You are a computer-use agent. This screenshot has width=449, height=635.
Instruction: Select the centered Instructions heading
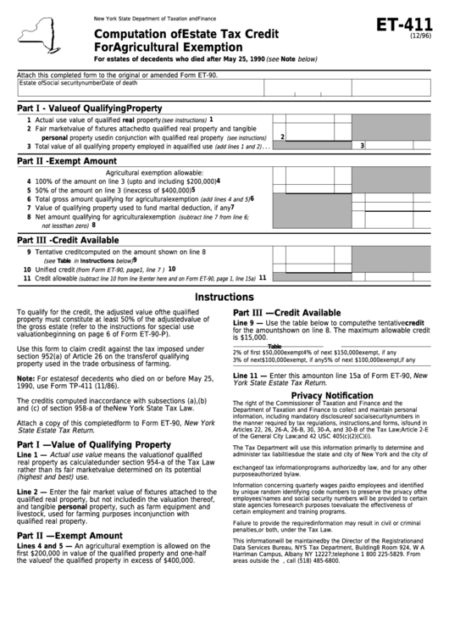pyautogui.click(x=224, y=298)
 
